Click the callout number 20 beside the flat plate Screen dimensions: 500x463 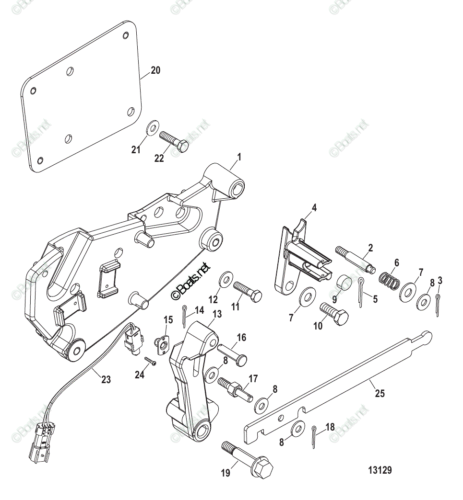pos(155,70)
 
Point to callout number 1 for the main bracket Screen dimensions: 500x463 pos(239,157)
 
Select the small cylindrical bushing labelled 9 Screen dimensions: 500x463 pos(344,283)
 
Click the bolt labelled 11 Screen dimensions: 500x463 pos(247,292)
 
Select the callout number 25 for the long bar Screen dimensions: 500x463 pos(380,394)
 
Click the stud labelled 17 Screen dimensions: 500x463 pos(235,388)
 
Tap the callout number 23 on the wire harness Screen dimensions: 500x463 pos(106,380)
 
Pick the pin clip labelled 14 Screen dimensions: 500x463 pos(185,317)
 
